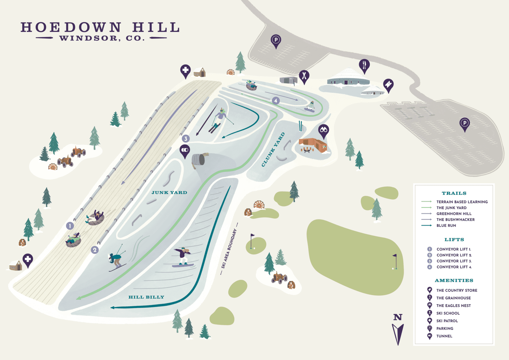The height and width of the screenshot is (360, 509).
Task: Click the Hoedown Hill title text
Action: pos(100,28)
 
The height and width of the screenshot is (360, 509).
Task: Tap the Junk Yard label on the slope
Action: pos(169,193)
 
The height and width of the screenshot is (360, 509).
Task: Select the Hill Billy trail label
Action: pos(146,297)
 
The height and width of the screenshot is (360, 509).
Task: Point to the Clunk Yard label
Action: pos(273,150)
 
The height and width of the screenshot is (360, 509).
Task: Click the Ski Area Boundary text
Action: pos(229,249)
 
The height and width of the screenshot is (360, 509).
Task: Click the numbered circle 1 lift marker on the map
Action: pos(70,226)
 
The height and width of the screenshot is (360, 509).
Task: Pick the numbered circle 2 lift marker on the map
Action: pos(95,250)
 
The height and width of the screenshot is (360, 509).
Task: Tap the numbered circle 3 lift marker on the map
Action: pos(186,139)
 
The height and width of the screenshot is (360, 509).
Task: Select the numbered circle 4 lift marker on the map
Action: pos(276,100)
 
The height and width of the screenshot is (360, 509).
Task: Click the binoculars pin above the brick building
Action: pos(323,130)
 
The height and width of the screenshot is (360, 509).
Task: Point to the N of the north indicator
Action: pos(398,317)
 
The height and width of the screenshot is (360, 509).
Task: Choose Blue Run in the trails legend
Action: pos(446,226)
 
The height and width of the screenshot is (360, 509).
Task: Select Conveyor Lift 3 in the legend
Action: pos(454,261)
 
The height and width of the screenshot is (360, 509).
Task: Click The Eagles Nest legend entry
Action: pos(453,306)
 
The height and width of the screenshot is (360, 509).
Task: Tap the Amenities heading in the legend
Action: pos(454,280)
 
